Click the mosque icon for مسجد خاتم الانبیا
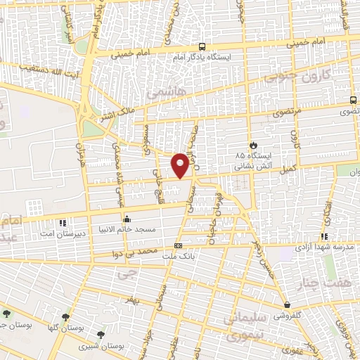(x=127, y=218)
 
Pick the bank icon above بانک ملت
(x=179, y=246)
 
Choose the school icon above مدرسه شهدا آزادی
(x=324, y=236)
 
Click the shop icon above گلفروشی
(x=288, y=304)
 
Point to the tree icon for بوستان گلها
(x=66, y=317)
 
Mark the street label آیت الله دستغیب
(x=44, y=66)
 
